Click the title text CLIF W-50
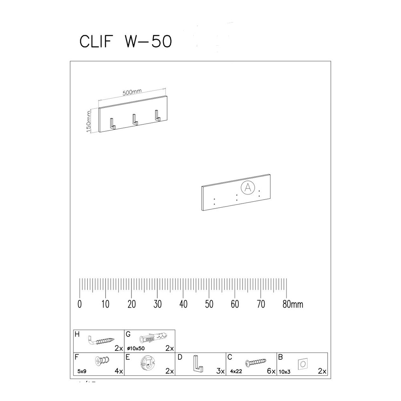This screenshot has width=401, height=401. coord(126,42)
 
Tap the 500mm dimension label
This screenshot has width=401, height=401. coord(132,92)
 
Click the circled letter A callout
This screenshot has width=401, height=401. coord(248,187)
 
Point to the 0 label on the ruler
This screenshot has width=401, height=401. coord(80,304)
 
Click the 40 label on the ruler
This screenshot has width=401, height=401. coord(183,304)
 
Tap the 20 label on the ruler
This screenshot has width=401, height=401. coord(132,304)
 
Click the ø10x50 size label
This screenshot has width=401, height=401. coord(135,348)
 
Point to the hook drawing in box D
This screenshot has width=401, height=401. coord(197,363)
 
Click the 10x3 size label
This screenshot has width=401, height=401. coord(284,372)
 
